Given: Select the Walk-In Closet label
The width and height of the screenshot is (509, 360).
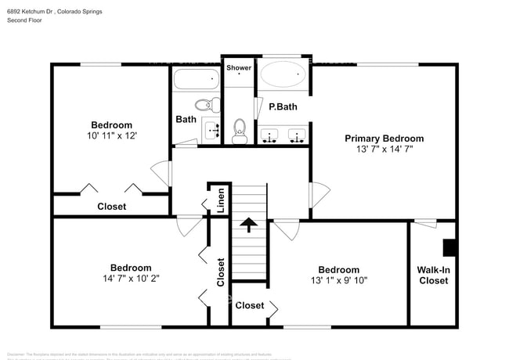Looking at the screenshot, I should tap(433, 275).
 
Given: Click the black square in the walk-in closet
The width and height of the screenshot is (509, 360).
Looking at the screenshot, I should tap(450, 248).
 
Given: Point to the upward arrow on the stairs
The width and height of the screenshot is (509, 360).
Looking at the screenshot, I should tap(249, 225).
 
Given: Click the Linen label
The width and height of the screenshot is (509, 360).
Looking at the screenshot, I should tap(222, 201).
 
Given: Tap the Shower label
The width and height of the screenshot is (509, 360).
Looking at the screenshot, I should tap(239, 68).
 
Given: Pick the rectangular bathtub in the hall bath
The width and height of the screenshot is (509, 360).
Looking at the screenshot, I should tap(196, 79).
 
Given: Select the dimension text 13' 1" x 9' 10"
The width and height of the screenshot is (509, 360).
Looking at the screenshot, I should tap(338, 280).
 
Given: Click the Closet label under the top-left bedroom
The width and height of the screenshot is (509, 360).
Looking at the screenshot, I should tap(111, 207).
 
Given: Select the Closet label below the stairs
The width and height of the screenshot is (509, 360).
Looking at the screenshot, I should tap(250, 305).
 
